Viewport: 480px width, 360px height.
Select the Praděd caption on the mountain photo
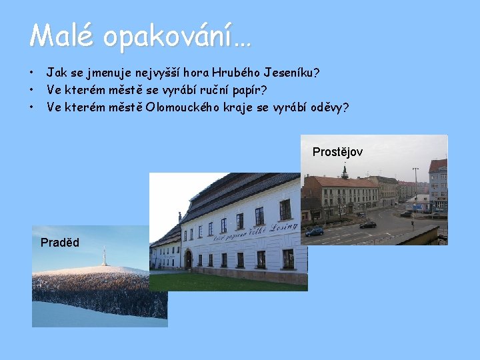click(59, 243)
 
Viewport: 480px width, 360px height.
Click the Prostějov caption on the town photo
click(337, 152)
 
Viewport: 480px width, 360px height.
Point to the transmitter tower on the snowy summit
click(103, 256)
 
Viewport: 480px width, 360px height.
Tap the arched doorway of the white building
click(189, 259)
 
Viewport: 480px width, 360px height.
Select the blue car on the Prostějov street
click(314, 231)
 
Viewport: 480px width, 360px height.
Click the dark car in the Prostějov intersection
click(368, 224)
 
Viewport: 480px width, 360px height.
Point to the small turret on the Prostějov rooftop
click(345, 172)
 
